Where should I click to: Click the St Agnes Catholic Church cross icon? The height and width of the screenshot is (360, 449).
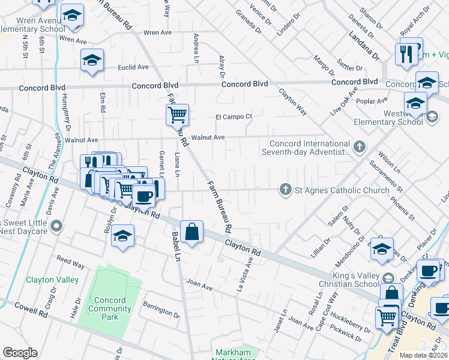pyautogui.click(x=286, y=190)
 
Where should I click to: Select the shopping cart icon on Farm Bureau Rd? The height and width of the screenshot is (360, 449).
pyautogui.click(x=177, y=113)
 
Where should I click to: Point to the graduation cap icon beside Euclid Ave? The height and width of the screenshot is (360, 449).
pyautogui.click(x=92, y=59)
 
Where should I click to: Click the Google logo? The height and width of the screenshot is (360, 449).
pyautogui.click(x=20, y=353)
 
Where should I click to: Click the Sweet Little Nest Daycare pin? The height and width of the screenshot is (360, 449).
pyautogui.click(x=56, y=226)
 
